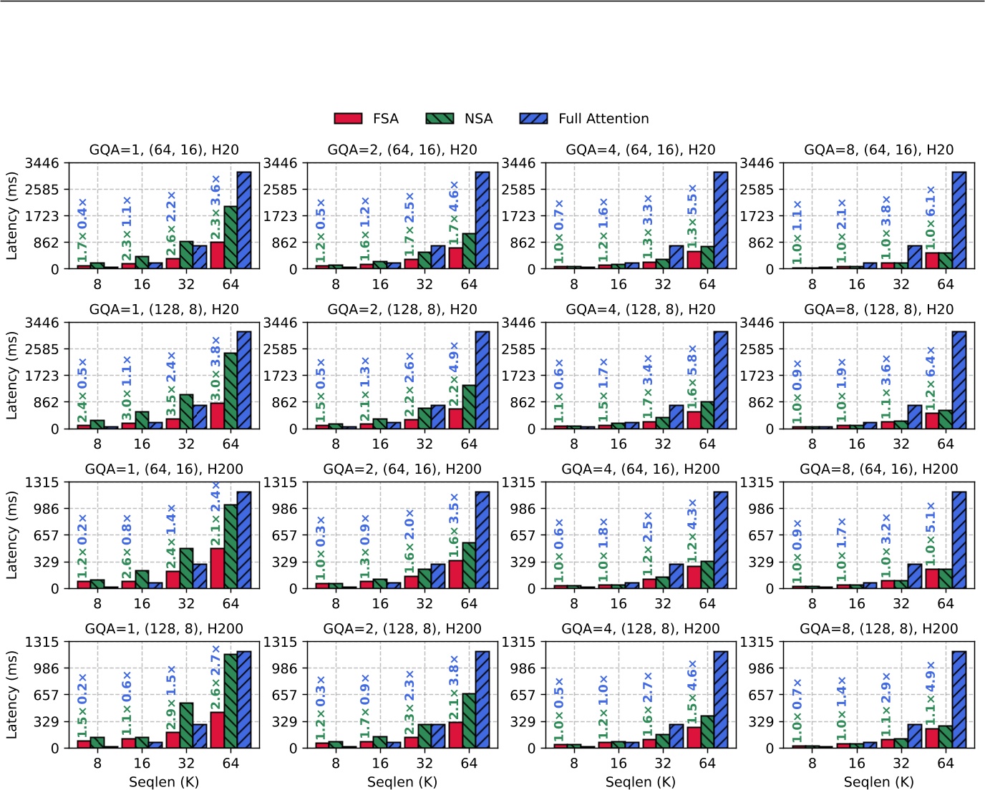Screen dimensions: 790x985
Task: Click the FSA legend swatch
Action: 348,119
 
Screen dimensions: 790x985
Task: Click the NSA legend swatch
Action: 440,119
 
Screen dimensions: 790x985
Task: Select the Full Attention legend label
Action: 603,119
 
